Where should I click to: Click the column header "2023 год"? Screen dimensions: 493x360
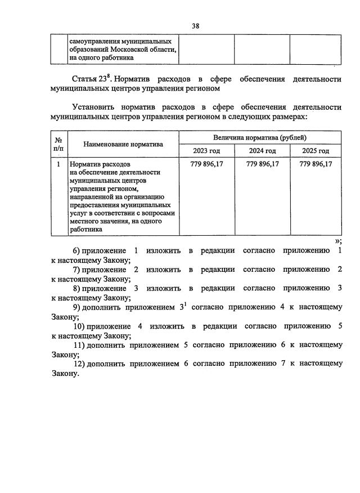[206, 151]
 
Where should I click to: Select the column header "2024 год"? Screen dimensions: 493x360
[262, 151]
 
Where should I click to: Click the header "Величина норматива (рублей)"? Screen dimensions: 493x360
[260, 137]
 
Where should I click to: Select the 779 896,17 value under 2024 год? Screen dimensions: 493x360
[263, 164]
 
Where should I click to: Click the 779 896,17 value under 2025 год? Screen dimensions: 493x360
[316, 164]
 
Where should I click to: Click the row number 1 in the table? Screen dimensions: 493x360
[58, 164]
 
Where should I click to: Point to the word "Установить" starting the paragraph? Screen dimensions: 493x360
[96, 107]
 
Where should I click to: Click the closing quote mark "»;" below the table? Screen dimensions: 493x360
[337, 241]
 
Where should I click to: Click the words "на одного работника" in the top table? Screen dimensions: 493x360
[102, 57]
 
